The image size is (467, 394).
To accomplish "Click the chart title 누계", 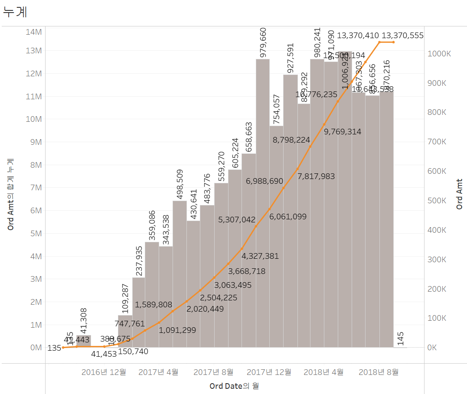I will pos(15,12).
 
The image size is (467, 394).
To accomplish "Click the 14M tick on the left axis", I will pos(33,32).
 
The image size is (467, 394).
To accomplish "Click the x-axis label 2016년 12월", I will pos(104,372).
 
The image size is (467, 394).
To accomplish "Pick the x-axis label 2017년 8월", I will pos(213,372).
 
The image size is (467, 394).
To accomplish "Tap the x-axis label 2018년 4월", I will pos(323,372).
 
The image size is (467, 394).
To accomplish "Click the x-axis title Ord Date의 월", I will pos(235,385).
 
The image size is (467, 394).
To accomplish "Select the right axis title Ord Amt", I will pos(460,194).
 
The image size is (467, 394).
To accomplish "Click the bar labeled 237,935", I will pos(139,312).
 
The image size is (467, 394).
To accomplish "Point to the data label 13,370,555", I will pos(402,36).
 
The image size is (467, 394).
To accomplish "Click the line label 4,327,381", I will pos(260,256).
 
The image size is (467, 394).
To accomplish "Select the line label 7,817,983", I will pos(316,176).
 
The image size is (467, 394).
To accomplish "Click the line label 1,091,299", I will pos(177,330).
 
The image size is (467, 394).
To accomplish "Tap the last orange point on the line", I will pos(393,42).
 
